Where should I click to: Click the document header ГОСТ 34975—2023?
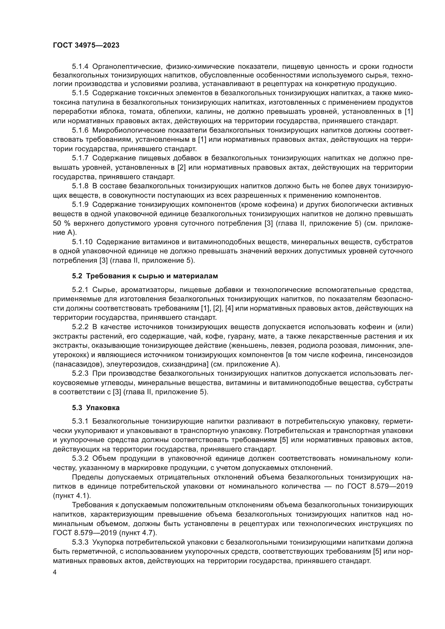click(86, 45)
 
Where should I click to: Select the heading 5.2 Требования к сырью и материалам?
click(145, 276)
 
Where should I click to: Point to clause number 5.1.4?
click(80, 66)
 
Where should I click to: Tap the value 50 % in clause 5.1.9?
click(62, 223)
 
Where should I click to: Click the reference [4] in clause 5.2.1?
click(229, 308)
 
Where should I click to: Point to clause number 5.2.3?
click(80, 374)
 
